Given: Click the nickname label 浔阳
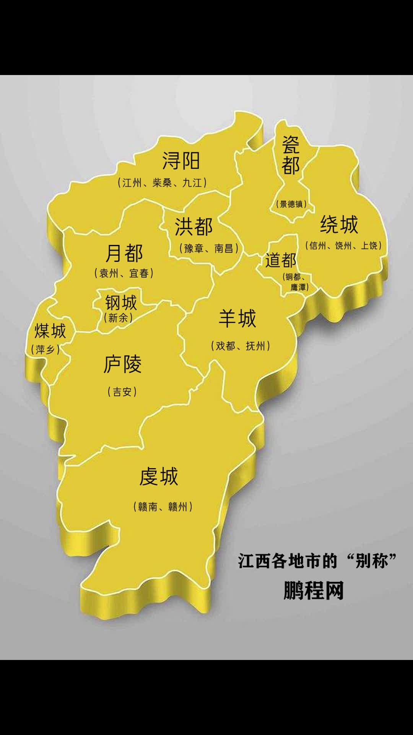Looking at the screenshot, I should pyautogui.click(x=181, y=161).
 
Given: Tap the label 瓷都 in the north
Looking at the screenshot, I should pyautogui.click(x=291, y=155).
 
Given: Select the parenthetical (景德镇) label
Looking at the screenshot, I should pyautogui.click(x=291, y=204).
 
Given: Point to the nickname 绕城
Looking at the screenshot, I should pyautogui.click(x=339, y=224).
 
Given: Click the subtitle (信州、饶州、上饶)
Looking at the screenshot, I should pyautogui.click(x=343, y=245).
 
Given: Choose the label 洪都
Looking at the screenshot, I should pyautogui.click(x=194, y=227).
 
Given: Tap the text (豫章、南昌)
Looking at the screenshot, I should pyautogui.click(x=209, y=248).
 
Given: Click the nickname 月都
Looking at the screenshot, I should pyautogui.click(x=124, y=253).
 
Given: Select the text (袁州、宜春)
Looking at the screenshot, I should pyautogui.click(x=124, y=273).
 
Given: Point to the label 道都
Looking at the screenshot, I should pyautogui.click(x=281, y=260).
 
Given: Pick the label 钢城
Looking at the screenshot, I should pyautogui.click(x=121, y=303).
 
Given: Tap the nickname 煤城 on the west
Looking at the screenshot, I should pyautogui.click(x=50, y=331).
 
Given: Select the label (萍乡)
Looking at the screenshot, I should pyautogui.click(x=45, y=349).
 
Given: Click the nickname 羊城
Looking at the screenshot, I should pyautogui.click(x=237, y=318).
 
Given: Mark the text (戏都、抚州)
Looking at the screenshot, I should pyautogui.click(x=241, y=346).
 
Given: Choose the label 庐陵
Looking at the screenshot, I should pyautogui.click(x=122, y=364).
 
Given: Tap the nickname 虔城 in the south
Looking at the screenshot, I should pyautogui.click(x=159, y=477).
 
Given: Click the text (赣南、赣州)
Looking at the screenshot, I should pyautogui.click(x=163, y=506).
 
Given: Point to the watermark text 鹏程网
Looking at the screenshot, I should pyautogui.click(x=314, y=590).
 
